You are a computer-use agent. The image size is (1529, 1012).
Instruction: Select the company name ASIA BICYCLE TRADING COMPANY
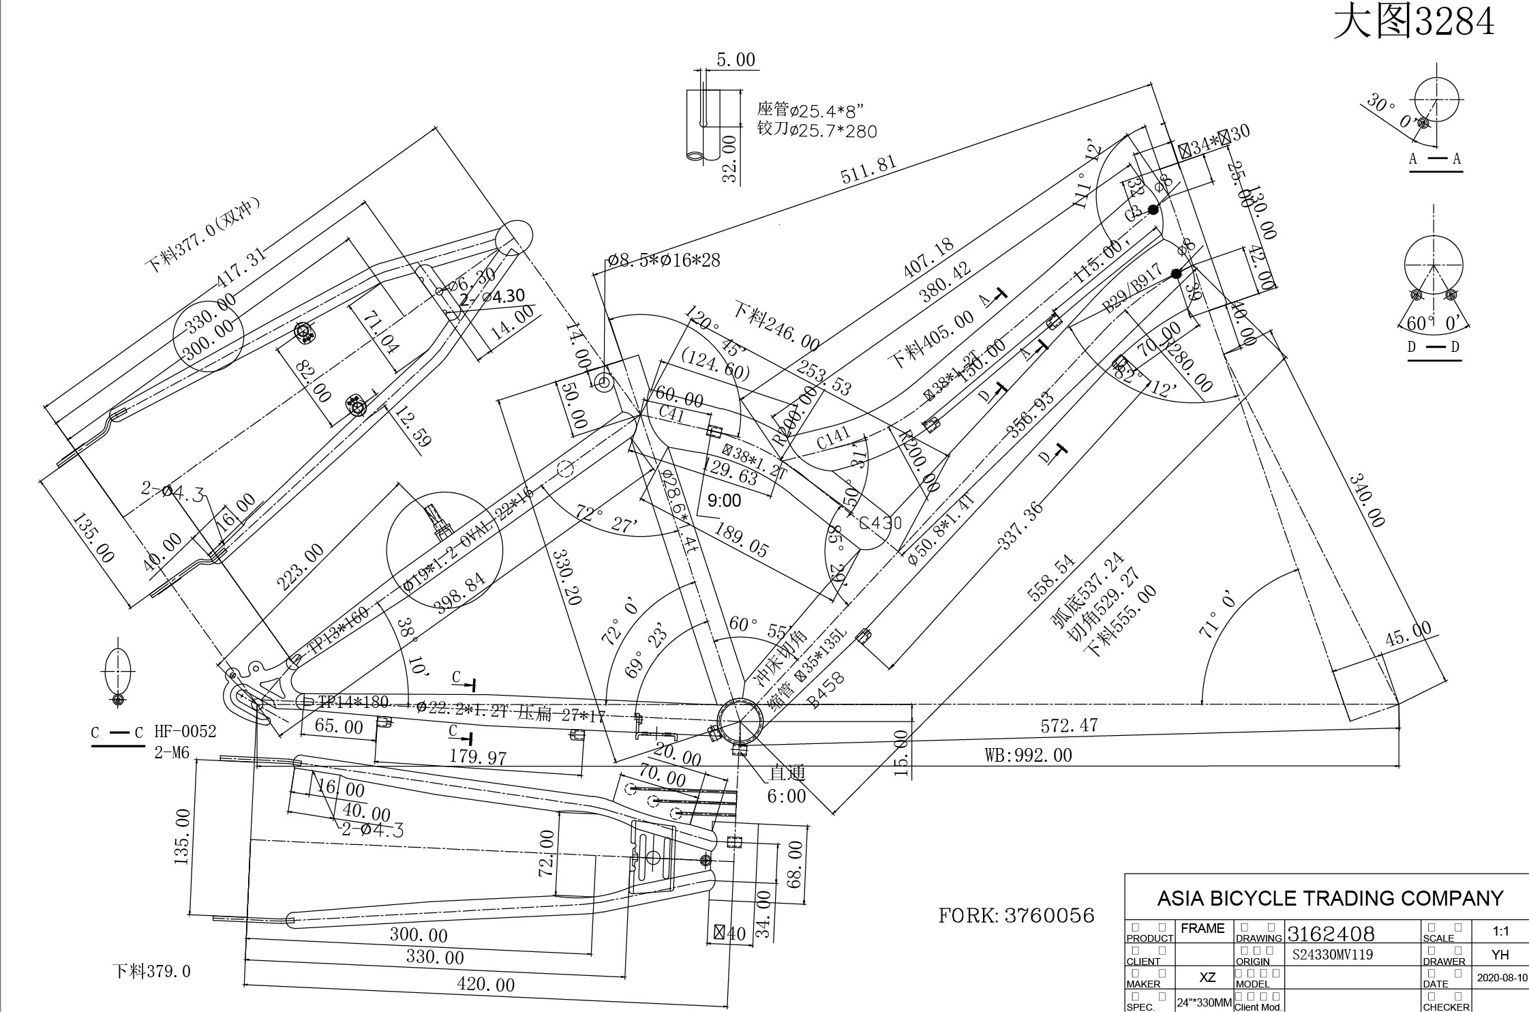coord(1330,898)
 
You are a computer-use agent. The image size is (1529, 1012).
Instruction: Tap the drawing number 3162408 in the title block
coord(1331,934)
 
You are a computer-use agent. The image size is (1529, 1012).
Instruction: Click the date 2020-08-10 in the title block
coord(1502,978)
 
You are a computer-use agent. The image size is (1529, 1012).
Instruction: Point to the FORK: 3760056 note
coord(1016,916)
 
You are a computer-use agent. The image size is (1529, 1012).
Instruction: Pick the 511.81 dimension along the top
coord(868,170)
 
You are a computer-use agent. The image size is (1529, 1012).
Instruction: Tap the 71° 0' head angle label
coord(1217,614)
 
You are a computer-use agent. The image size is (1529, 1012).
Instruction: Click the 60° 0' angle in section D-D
coord(1434,322)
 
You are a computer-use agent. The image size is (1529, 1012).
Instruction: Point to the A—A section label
coord(1435,159)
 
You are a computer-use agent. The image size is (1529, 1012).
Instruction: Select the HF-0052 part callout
coord(185,732)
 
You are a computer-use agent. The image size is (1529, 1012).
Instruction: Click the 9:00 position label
coord(724,501)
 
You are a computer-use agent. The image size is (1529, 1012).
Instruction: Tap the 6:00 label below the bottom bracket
coord(786,796)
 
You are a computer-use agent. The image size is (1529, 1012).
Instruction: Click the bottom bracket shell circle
coord(740,722)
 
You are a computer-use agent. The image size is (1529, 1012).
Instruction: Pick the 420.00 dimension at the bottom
coord(485,985)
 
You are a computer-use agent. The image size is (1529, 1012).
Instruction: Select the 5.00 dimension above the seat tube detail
coord(736,60)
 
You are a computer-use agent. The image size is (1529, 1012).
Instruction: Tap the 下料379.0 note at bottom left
coord(151,971)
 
